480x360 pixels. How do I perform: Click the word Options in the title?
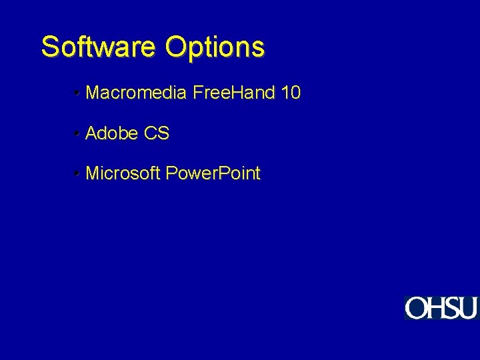[x=215, y=48]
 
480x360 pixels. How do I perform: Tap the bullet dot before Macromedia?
[x=78, y=93]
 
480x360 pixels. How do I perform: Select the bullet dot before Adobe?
[x=78, y=134]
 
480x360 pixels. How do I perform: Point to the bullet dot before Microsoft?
[x=78, y=175]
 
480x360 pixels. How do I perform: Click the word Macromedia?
[x=136, y=93]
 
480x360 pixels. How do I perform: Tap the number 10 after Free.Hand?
[x=291, y=93]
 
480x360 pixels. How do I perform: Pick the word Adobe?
[x=111, y=133]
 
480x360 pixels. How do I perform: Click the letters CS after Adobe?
[x=156, y=133]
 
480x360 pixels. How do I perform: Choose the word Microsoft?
[x=123, y=174]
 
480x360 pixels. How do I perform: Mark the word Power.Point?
[x=213, y=174]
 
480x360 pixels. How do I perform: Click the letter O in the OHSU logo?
[x=416, y=308]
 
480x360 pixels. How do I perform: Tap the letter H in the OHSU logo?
[x=437, y=308]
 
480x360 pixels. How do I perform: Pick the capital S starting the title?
[x=49, y=47]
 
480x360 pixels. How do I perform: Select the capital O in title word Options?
[x=175, y=47]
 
